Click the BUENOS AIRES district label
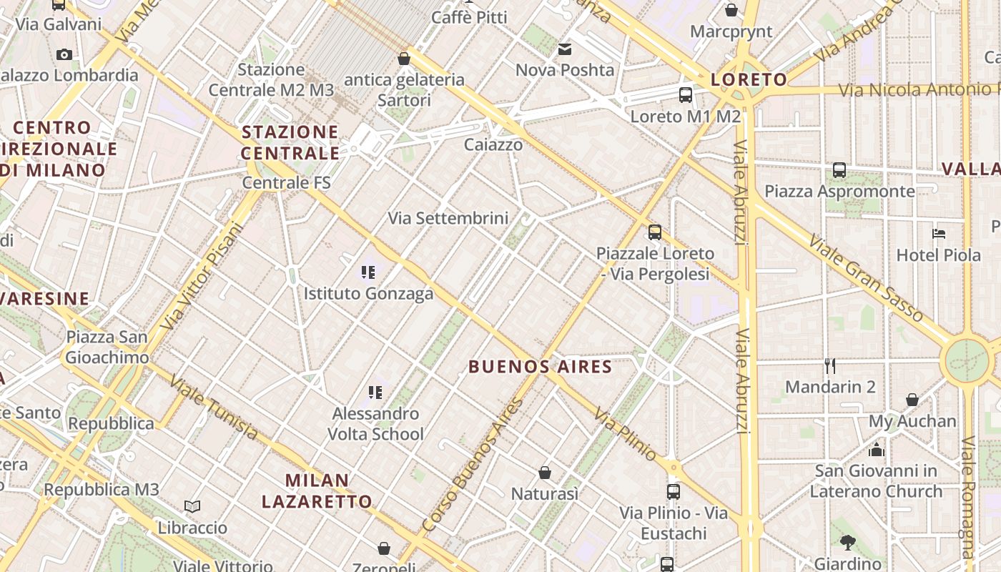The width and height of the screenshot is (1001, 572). [x=540, y=367]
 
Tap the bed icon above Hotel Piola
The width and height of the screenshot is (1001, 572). [x=939, y=234]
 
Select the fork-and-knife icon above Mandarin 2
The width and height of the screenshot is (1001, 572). [x=830, y=366]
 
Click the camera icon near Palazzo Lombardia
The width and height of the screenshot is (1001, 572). [x=64, y=54]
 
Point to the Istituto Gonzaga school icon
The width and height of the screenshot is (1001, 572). [x=368, y=272]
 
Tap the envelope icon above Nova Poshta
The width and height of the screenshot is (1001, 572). [x=565, y=49]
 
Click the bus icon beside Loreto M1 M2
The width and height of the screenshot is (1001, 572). [x=685, y=94]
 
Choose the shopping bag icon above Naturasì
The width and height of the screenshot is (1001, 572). [x=545, y=473]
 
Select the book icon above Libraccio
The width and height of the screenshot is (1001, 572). [x=192, y=507]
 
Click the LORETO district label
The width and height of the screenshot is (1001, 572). [x=749, y=79]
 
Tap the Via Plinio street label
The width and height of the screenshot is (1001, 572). [x=625, y=435]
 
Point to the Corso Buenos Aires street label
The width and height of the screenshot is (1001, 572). [x=473, y=465]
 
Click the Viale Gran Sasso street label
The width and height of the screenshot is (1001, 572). [x=866, y=280]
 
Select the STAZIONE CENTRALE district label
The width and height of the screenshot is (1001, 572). [x=290, y=142]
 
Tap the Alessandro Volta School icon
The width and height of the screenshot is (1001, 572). [x=375, y=393]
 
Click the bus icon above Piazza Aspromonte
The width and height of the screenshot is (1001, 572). [x=839, y=170]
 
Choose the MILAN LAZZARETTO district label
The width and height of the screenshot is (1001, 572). [x=317, y=490]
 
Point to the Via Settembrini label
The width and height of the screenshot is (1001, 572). [x=448, y=218]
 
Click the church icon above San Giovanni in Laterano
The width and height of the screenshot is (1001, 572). [x=876, y=450]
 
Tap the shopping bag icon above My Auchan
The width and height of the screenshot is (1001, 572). [x=912, y=400]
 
